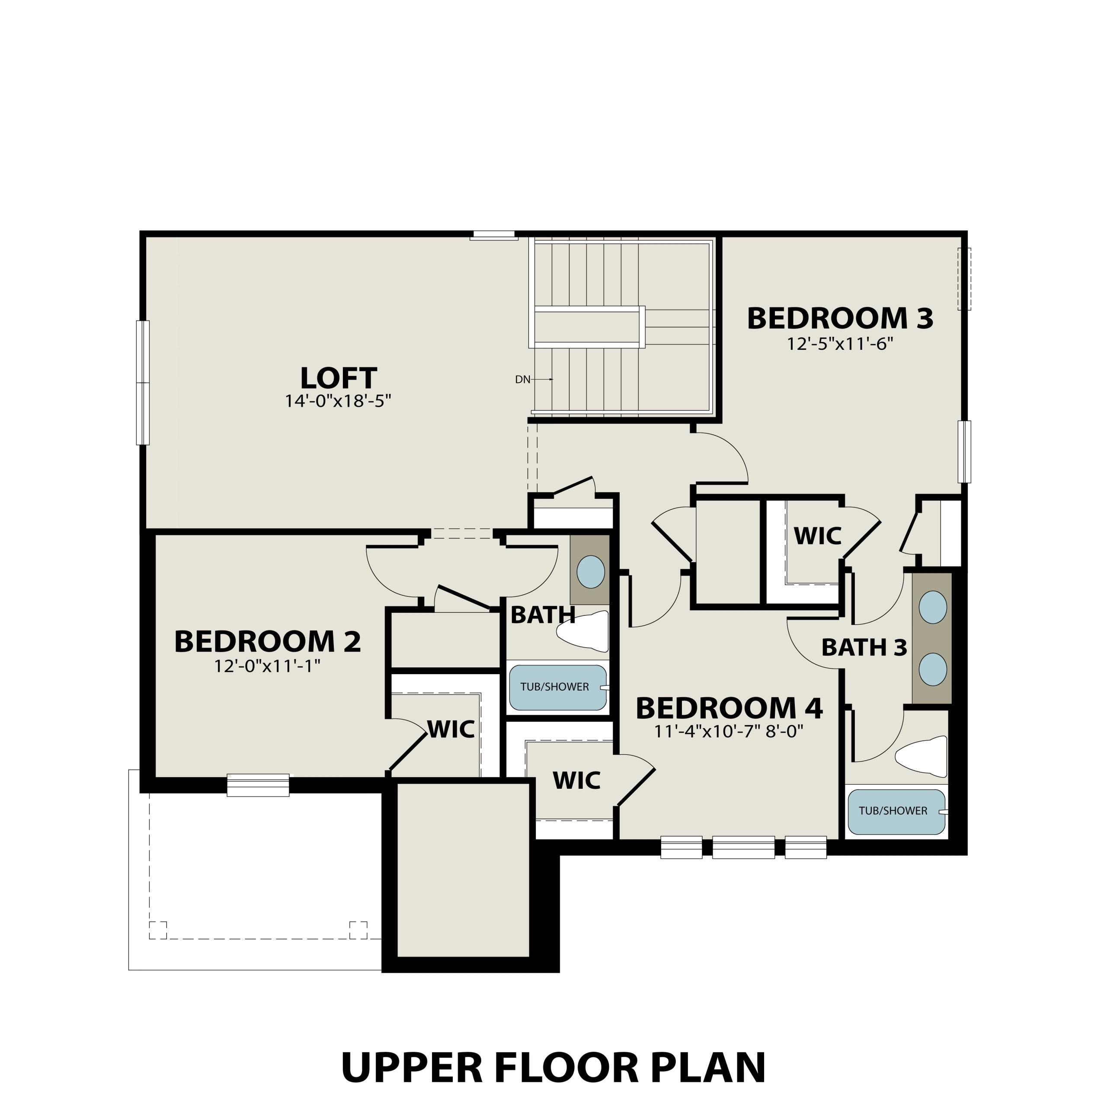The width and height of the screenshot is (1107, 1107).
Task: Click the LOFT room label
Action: click(338, 379)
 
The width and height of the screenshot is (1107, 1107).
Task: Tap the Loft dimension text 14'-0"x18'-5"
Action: click(338, 401)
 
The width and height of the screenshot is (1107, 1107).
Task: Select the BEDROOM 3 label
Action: click(840, 319)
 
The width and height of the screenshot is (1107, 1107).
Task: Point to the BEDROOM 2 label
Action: click(268, 642)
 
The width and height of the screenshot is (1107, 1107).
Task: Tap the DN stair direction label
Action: click(522, 379)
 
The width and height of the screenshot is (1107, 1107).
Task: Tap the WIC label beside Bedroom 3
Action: click(817, 536)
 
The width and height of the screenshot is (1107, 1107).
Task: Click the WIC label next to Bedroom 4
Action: click(576, 781)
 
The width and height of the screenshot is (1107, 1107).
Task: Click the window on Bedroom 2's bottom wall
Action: click(258, 785)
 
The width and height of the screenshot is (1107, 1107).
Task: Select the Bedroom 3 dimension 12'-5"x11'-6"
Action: click(840, 344)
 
